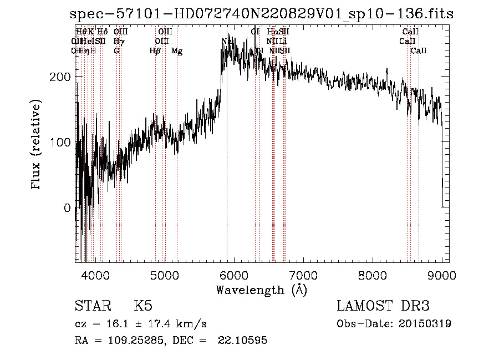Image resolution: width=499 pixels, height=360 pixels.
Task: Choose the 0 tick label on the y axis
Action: [67, 208]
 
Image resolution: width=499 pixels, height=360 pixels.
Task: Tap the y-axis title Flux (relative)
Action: [37, 145]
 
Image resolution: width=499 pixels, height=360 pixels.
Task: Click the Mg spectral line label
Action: [177, 51]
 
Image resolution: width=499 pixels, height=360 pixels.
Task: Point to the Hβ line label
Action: [155, 51]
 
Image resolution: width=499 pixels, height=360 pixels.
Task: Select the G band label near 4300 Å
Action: [116, 51]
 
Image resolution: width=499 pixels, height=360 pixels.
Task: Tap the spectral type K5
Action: [143, 306]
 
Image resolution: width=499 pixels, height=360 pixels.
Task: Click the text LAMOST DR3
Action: [383, 306]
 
